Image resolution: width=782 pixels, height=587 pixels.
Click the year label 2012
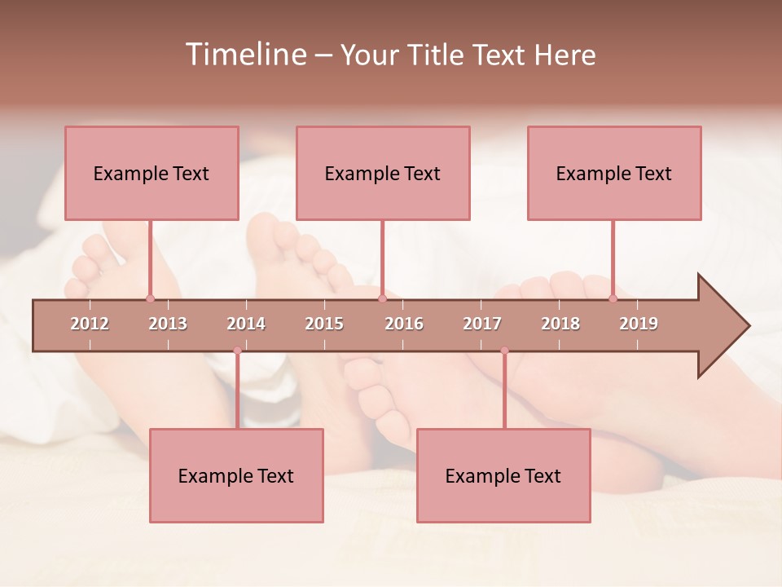pos(90,324)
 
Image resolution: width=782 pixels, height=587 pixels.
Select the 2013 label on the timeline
pos(168,324)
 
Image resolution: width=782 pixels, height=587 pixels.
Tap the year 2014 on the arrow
pos(246,324)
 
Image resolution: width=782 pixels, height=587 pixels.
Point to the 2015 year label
pos(324,324)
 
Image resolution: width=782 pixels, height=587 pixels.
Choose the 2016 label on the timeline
pos(404,324)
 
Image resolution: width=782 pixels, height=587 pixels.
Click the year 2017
pos(482,324)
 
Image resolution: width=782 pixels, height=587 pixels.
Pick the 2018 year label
pos(560,324)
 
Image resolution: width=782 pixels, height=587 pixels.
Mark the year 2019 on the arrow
pos(639,324)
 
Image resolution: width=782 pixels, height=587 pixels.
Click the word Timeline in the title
pos(244,55)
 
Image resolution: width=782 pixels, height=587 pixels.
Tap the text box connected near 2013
pos(152,173)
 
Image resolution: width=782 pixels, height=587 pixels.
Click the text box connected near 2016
pos(383,173)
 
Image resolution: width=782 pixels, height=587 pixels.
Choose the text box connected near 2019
pos(614,173)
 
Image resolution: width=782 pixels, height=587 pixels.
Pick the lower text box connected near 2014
pos(236,475)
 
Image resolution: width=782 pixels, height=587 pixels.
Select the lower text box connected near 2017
pos(503,475)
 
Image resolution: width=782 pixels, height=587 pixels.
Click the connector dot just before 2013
pos(150,298)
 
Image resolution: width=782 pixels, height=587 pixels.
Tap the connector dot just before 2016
pos(382,298)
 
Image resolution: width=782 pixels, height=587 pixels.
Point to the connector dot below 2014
pos(237,351)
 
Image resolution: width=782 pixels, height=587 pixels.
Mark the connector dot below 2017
pos(504,351)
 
